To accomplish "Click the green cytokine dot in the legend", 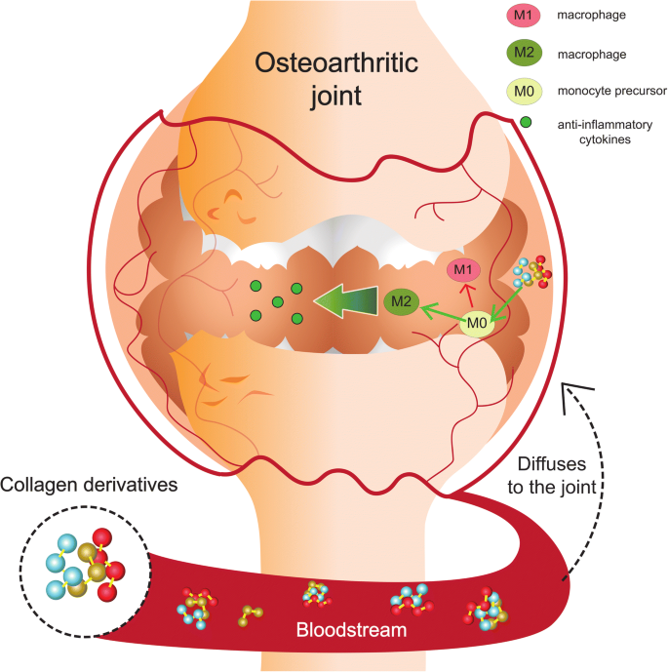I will click(x=527, y=124).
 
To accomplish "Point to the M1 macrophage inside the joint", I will click(x=464, y=269).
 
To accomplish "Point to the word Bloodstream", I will click(x=351, y=632).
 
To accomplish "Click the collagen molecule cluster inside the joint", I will click(x=532, y=274).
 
